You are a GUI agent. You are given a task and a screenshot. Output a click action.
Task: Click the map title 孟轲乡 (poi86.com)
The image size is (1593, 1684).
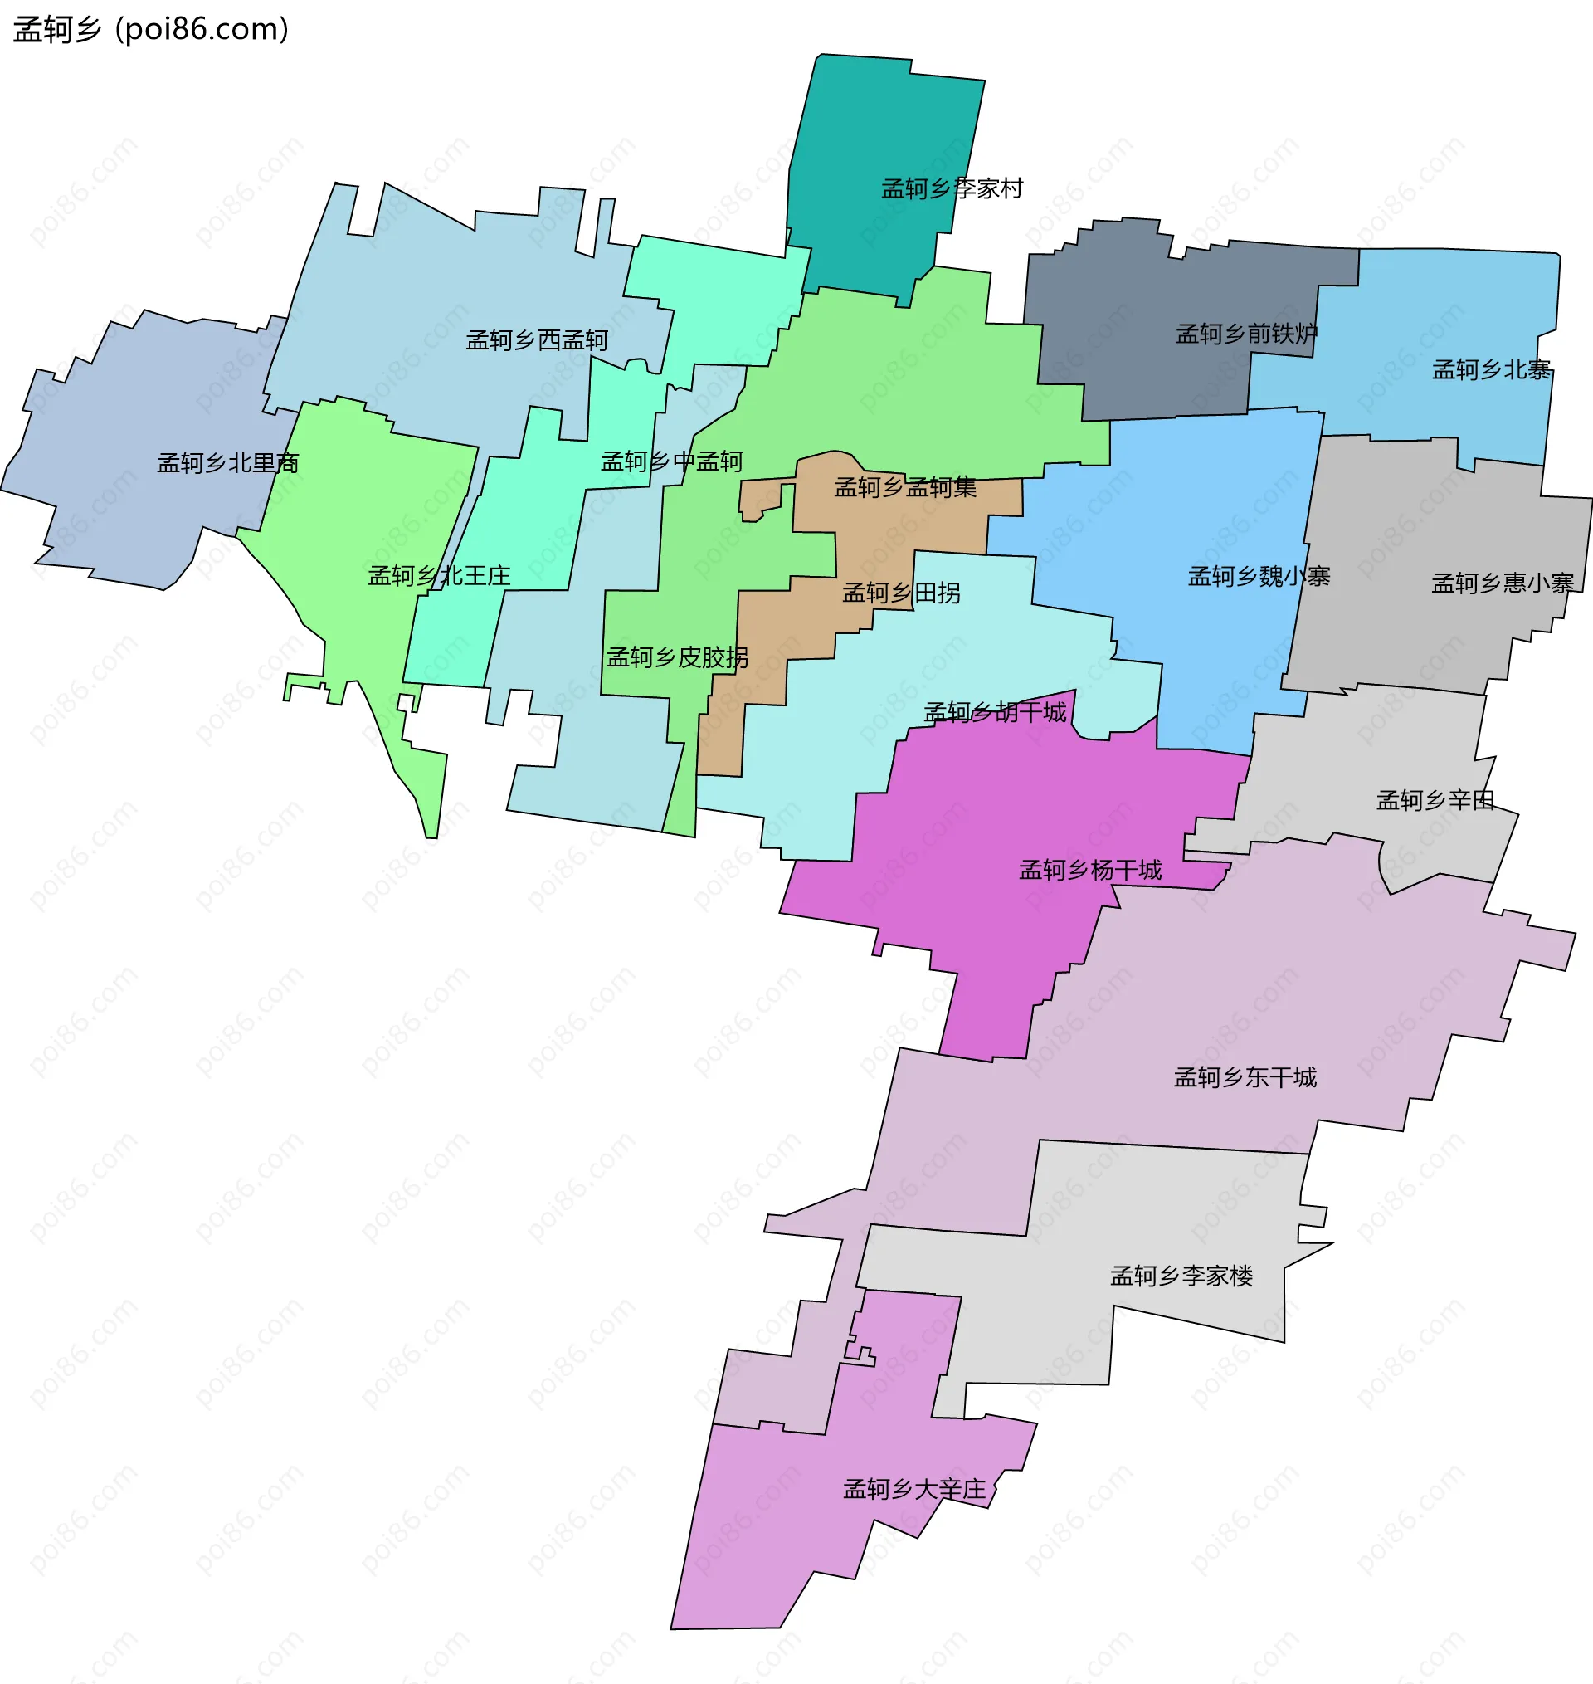pyautogui.click(x=151, y=30)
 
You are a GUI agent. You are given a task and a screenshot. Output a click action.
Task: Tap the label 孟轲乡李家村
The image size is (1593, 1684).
pyautogui.click(x=952, y=188)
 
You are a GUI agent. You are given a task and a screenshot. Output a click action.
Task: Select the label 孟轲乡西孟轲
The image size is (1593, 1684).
pyautogui.click(x=537, y=340)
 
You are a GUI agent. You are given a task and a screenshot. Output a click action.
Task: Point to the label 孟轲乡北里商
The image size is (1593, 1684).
pyautogui.click(x=227, y=463)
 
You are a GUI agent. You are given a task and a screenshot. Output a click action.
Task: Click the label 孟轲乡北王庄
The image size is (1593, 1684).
pyautogui.click(x=439, y=576)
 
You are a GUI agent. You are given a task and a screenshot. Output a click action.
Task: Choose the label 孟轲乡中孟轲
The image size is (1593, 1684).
pyautogui.click(x=672, y=461)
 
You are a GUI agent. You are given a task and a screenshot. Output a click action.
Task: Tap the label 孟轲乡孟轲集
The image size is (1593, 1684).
pyautogui.click(x=905, y=486)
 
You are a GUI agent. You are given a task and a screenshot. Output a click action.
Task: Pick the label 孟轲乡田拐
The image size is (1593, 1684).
pyautogui.click(x=901, y=593)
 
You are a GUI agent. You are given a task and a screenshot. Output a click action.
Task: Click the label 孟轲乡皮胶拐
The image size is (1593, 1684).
pyautogui.click(x=678, y=657)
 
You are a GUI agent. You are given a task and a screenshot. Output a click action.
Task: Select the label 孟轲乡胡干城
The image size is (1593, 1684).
pyautogui.click(x=994, y=711)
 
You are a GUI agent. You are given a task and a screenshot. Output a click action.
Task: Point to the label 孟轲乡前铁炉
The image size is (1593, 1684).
pyautogui.click(x=1246, y=334)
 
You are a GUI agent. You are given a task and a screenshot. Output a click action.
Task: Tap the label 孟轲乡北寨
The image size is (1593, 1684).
pyautogui.click(x=1492, y=369)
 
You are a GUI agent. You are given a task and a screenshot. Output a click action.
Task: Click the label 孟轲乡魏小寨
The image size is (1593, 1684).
pyautogui.click(x=1259, y=577)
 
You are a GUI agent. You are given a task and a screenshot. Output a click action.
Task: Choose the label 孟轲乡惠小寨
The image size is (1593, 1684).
pyautogui.click(x=1502, y=583)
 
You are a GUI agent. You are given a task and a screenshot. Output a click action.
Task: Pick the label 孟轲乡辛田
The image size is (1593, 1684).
pyautogui.click(x=1435, y=800)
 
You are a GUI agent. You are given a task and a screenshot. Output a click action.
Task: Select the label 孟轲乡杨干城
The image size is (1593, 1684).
pyautogui.click(x=1090, y=870)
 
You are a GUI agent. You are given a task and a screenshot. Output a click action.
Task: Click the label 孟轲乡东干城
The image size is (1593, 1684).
pyautogui.click(x=1245, y=1077)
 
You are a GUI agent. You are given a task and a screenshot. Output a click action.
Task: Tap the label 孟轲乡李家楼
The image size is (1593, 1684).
pyautogui.click(x=1181, y=1276)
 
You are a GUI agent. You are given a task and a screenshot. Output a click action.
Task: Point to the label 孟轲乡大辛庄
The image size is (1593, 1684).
pyautogui.click(x=913, y=1489)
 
